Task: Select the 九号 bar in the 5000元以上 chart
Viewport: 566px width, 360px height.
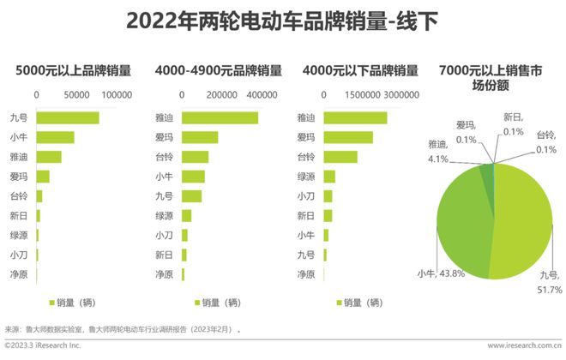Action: coord(68,117)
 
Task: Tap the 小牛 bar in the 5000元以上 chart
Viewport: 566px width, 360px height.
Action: coord(55,137)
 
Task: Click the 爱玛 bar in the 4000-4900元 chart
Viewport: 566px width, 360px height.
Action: coord(200,137)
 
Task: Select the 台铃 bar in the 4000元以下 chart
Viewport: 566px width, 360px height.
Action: coord(340,157)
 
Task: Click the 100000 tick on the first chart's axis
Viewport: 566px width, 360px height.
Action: coord(117,95)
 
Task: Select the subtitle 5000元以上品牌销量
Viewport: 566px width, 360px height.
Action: coord(74,70)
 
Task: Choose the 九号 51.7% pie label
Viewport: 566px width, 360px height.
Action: coord(549,283)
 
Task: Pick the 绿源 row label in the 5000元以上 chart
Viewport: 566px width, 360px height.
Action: coord(19,235)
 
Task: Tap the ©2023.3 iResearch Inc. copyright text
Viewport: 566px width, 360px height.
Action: coord(42,345)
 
